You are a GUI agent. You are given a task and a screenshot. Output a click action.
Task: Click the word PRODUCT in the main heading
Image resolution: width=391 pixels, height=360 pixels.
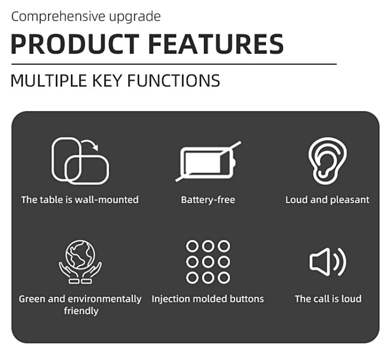tap(75, 44)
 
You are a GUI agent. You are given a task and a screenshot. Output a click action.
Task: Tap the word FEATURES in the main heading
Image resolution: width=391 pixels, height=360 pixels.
tap(216, 44)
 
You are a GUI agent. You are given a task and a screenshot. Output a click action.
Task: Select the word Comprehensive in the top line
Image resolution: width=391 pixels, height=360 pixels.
tap(58, 17)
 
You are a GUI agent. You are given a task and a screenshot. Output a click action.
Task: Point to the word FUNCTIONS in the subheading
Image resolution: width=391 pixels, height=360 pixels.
tap(174, 81)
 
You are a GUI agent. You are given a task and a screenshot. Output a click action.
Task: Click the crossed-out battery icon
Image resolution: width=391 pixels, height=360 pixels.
tap(208, 161)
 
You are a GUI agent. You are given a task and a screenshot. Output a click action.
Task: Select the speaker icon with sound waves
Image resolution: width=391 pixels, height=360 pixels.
tap(327, 262)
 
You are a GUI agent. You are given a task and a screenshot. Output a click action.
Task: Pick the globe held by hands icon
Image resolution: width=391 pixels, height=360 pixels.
tap(80, 262)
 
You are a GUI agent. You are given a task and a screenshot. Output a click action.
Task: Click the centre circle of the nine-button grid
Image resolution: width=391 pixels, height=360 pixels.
tap(208, 262)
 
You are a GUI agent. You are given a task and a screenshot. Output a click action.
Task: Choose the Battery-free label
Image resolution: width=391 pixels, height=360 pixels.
tap(208, 200)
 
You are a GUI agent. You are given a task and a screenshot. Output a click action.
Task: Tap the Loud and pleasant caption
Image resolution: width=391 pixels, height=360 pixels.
tap(327, 200)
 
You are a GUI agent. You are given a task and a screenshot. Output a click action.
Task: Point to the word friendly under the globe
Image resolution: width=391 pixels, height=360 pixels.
tap(81, 311)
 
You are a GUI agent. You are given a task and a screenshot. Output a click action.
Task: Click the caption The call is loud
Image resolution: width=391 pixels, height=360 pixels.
tap(328, 299)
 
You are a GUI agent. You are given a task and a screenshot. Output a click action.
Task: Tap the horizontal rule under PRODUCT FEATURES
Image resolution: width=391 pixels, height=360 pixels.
tap(174, 65)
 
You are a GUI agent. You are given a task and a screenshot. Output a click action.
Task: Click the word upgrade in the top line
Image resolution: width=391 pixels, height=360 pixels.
tap(135, 17)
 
